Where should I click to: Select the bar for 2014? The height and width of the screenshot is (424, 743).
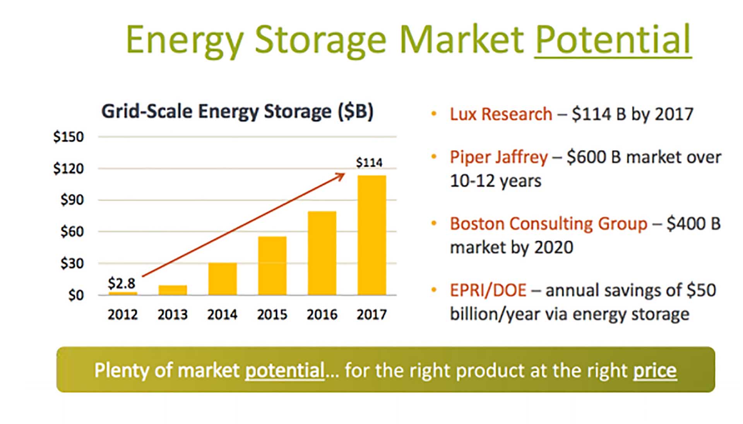(223, 279)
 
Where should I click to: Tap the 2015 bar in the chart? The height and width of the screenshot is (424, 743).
(272, 266)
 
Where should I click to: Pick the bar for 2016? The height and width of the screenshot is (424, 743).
(322, 253)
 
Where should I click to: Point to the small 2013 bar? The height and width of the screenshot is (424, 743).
(173, 290)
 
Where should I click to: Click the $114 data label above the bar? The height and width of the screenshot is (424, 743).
(369, 162)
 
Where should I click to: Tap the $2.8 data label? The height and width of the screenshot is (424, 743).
(122, 283)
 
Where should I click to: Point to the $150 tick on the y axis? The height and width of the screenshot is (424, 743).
(68, 137)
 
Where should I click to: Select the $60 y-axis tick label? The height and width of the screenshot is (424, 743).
(72, 232)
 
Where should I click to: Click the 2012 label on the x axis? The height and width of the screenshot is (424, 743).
(123, 315)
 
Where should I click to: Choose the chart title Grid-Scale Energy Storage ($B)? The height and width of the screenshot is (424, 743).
(237, 112)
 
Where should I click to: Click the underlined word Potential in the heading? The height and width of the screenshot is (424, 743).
(613, 40)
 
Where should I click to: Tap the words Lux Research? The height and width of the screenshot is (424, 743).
(501, 115)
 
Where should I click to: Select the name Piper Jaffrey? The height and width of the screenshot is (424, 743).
(498, 157)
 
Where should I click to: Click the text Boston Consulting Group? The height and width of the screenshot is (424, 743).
(548, 224)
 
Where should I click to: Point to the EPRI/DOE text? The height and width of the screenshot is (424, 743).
(488, 291)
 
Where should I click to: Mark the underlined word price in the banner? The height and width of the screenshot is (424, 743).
(655, 371)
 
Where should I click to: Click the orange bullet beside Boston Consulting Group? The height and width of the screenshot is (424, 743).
(434, 223)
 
